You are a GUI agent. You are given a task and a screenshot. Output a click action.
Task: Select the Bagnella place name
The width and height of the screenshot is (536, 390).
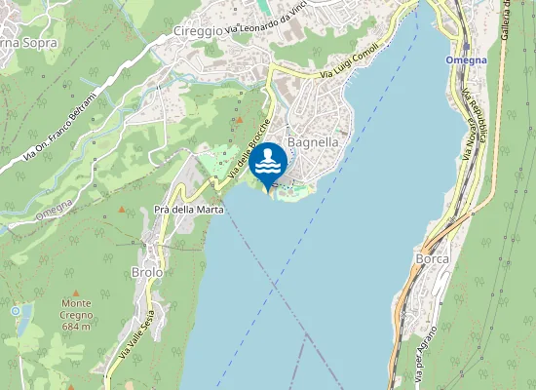point(313,141)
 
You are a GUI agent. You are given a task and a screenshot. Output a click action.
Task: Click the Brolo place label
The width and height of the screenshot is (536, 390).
point(146,273)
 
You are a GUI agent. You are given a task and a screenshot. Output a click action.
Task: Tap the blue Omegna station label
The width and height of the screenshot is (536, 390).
point(466,59)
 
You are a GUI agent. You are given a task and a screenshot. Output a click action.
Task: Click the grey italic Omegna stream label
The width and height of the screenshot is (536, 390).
point(54,208)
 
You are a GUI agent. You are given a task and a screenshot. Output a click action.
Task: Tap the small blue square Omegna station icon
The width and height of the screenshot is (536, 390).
point(466,46)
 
